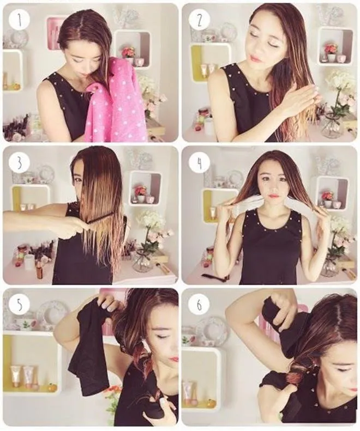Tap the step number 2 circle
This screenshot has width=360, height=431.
coord(200,20)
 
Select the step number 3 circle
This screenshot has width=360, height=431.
coord(19,163)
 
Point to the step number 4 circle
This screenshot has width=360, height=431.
coord(200,163)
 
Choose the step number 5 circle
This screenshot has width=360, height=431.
coord(19,305)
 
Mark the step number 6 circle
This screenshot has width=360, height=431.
coord(199,305)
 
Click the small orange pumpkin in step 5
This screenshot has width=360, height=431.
coord(51,387)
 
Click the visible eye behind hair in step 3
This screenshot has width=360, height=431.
coord(79,180)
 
